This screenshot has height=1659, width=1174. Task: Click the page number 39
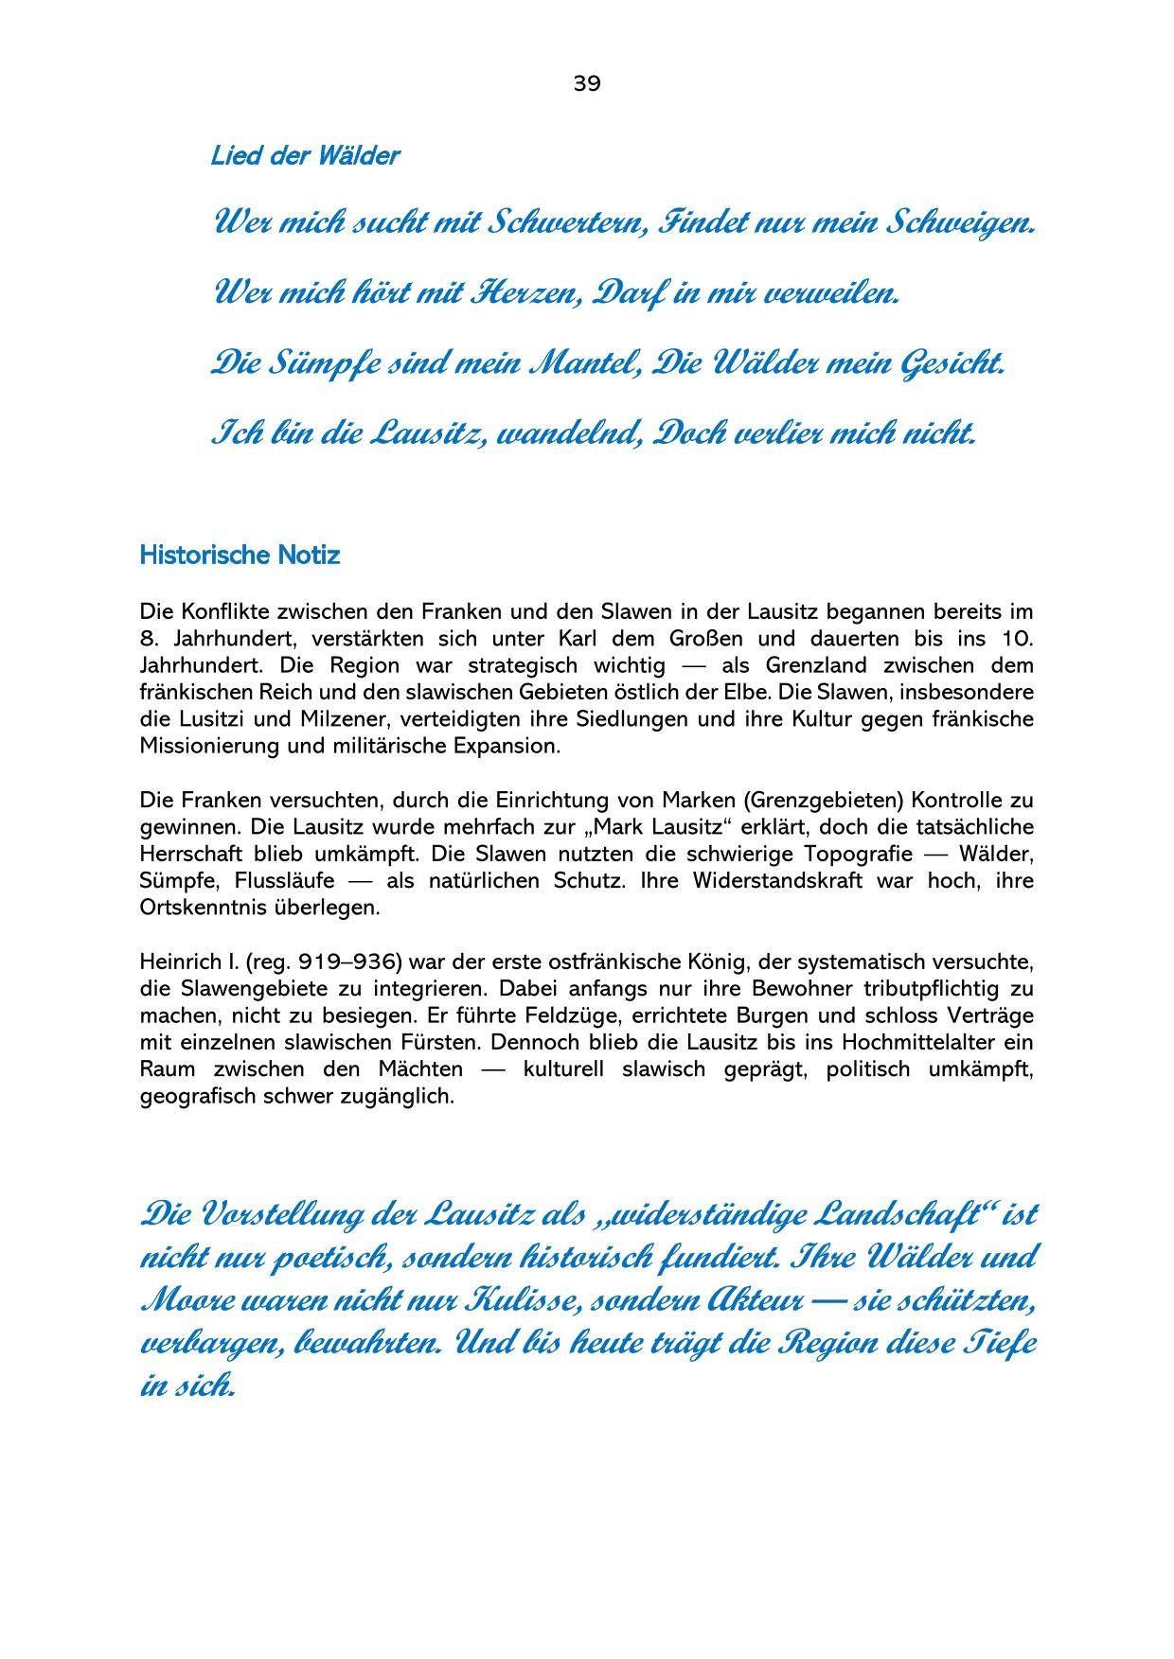click(x=586, y=83)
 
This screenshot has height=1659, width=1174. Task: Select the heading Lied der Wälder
click(x=305, y=156)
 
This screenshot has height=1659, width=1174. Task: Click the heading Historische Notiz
click(x=240, y=555)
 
